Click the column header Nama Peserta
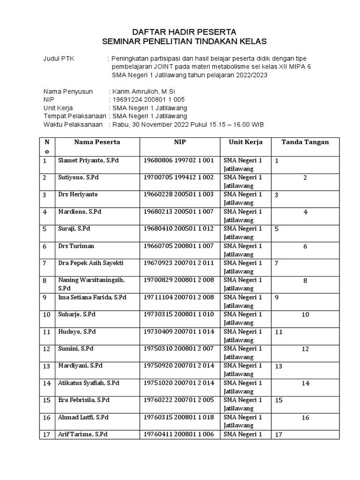tap(97, 142)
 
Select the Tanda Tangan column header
tap(305, 142)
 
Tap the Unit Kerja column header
tap(245, 142)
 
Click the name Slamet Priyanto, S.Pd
tap(88, 160)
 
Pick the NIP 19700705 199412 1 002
tap(178, 177)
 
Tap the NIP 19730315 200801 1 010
tap(178, 315)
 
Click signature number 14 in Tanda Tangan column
tap(305, 383)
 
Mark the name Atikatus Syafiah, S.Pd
tap(88, 383)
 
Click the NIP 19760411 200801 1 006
tap(178, 435)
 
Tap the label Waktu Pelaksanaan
tap(73, 124)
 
